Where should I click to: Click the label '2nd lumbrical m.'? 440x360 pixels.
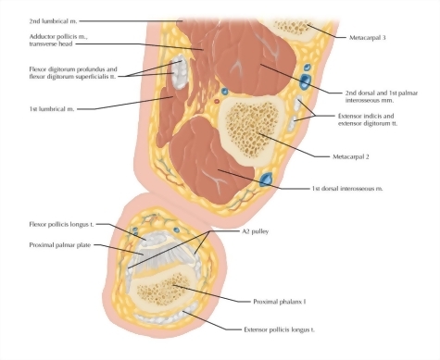(x=57, y=18)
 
